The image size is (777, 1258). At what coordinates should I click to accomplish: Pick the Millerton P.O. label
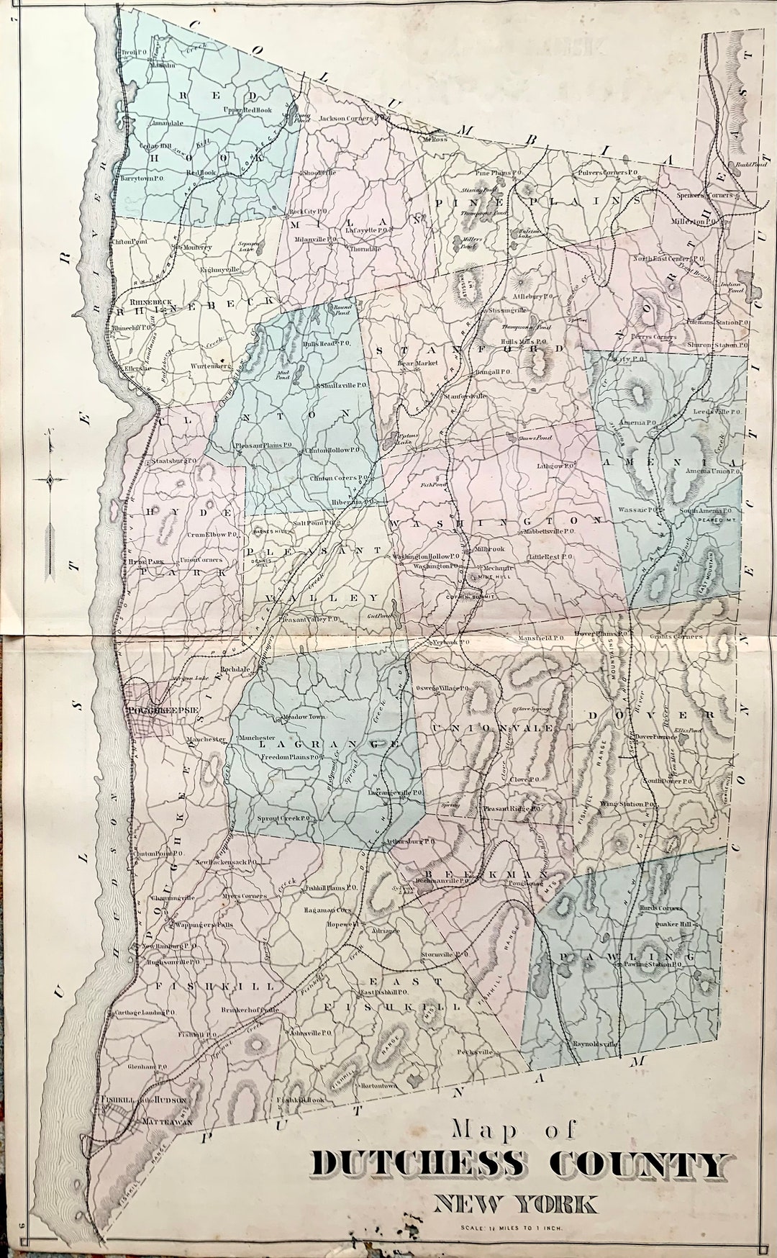(694, 222)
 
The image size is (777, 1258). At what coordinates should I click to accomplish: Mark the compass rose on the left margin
(50, 480)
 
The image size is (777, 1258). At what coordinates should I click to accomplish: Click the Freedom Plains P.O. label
(290, 758)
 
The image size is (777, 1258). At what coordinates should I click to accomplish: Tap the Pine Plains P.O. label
(499, 173)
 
